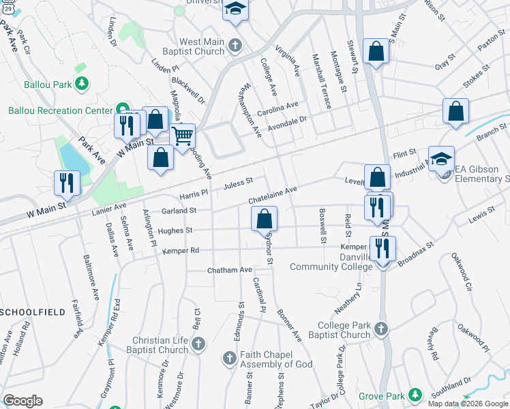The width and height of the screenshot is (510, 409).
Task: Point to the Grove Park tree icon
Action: (x=415, y=395)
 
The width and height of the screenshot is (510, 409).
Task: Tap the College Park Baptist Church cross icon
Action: (x=380, y=330)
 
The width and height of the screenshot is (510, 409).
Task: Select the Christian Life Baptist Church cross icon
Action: (x=198, y=345)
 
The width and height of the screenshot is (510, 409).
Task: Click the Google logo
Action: (x=23, y=401)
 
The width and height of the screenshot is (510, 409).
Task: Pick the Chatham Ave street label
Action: (x=230, y=270)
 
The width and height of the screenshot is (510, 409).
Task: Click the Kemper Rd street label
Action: (x=181, y=251)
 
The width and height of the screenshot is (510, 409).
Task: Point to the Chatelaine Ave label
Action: (x=273, y=194)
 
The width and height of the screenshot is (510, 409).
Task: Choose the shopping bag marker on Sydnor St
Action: (x=265, y=219)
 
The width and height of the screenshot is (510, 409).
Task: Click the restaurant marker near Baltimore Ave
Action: (x=67, y=183)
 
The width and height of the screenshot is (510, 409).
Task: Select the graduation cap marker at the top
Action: (x=236, y=9)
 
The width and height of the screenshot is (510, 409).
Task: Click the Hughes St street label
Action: (x=175, y=231)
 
